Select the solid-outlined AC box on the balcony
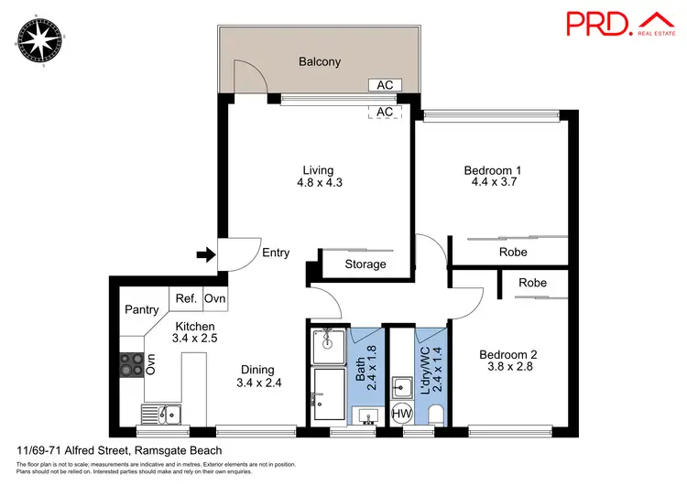pos(385,85)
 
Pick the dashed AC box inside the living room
pos(385,112)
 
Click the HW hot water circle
pos(401,414)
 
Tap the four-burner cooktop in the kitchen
pos(131,364)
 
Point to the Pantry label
pos(142,309)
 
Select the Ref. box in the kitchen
pos(186,297)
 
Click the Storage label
pos(365,264)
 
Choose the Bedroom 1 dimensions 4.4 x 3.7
pos(493,183)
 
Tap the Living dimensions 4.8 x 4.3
pos(318,183)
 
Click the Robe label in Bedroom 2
pos(532,283)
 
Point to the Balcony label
pos(319,62)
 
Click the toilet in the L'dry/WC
pos(435,415)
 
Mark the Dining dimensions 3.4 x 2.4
pos(258,383)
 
